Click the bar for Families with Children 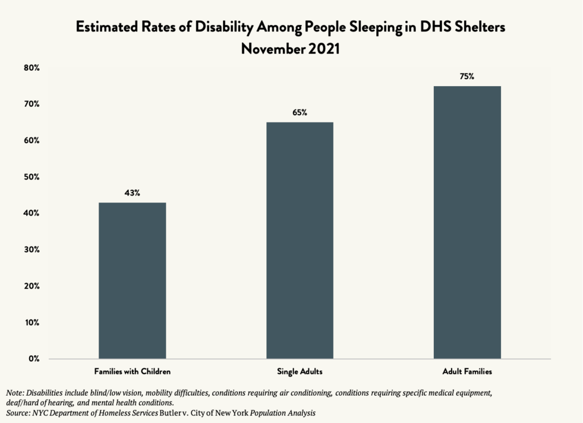132,280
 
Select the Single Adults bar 299,240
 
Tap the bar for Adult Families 467,222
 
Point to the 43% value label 132,193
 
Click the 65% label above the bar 299,113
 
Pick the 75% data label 467,76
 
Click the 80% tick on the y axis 31,68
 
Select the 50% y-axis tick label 31,177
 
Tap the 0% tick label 34,359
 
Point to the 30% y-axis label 31,250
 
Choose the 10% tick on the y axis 31,322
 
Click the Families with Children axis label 132,372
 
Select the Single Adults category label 299,372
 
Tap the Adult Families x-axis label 467,372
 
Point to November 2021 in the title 290,49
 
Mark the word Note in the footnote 15,393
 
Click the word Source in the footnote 18,412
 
